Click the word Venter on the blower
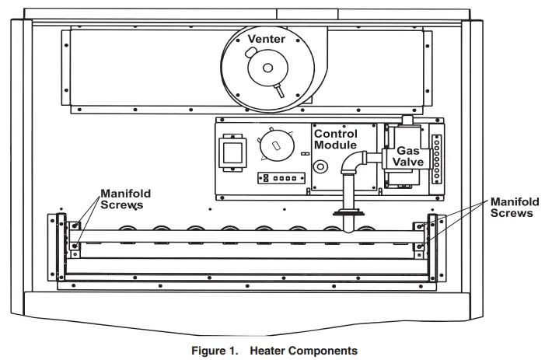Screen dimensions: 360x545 [x=267, y=38]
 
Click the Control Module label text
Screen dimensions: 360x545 [x=335, y=140]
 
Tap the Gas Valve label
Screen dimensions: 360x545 [x=409, y=156]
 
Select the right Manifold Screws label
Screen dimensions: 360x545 [x=512, y=207]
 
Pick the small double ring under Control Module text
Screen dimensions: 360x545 [x=319, y=166]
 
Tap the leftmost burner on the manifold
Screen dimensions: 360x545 [x=128, y=230]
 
